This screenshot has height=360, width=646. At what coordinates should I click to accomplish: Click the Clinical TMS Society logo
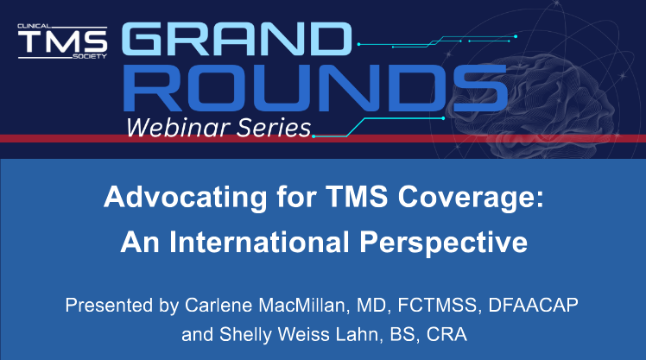(63, 41)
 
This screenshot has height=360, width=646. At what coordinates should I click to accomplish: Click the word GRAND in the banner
(237, 39)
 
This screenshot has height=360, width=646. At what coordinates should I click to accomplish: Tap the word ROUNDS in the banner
(315, 88)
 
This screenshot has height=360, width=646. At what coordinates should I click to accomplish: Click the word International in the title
(259, 242)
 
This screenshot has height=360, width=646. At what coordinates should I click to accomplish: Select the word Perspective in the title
(443, 243)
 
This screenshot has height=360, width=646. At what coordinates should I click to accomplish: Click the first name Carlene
(218, 306)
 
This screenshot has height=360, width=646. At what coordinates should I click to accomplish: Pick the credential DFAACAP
(533, 306)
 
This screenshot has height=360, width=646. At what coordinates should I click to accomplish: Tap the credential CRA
(446, 334)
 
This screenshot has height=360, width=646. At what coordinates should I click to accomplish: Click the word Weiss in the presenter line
(303, 334)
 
